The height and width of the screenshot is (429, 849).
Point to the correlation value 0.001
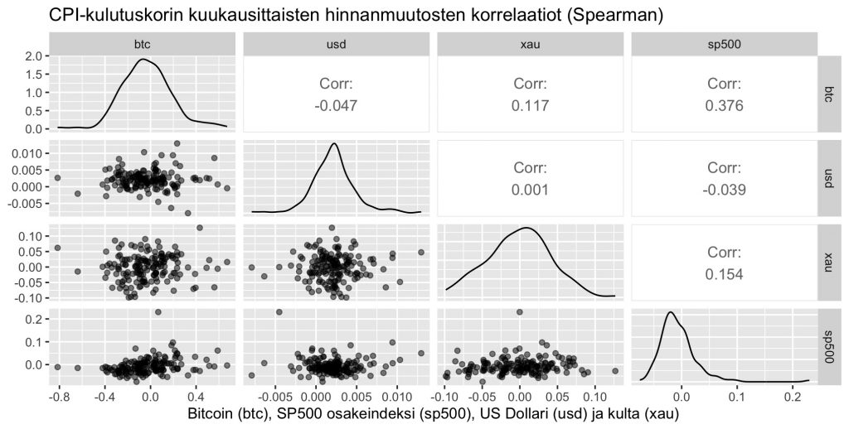[530, 190]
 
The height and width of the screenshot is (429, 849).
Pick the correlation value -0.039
[724, 190]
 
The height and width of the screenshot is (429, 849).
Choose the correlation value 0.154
[724, 274]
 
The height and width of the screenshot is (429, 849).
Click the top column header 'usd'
[336, 45]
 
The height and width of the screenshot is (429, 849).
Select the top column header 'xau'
[530, 45]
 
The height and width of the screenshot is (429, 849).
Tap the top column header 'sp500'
[724, 45]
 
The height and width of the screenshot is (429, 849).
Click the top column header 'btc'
[142, 45]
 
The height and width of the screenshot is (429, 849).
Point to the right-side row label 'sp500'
[829, 345]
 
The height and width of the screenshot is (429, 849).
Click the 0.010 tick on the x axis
[396, 396]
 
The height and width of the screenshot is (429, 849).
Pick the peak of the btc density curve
[143, 60]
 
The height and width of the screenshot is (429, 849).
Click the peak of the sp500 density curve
[668, 312]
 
